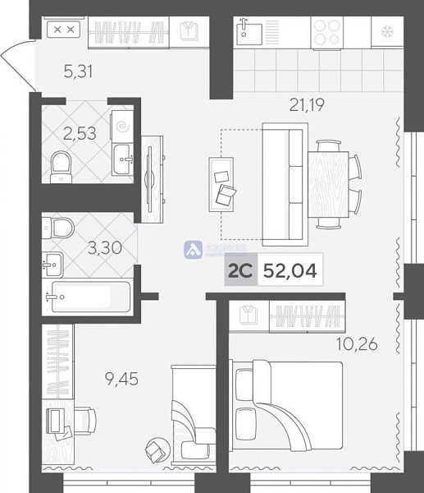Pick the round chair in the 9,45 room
click(x=156, y=449)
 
